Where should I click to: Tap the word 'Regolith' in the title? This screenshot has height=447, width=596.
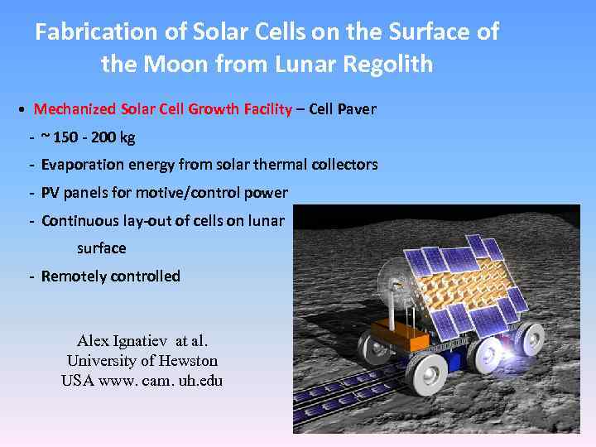click(387, 64)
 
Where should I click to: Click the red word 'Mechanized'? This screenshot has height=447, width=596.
click(75, 109)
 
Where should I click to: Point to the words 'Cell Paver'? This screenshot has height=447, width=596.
click(343, 109)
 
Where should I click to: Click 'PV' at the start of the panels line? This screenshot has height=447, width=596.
click(50, 193)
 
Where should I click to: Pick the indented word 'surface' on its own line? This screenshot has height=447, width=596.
click(101, 248)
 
